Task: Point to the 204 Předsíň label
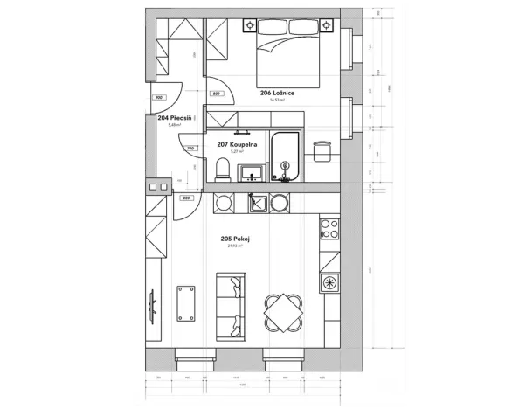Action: coord(176,117)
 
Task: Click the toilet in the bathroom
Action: coord(223,169)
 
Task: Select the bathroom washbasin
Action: coord(252,171)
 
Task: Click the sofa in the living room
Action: coord(231,305)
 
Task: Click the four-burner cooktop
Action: coord(329,229)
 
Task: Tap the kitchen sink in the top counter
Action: coord(258,204)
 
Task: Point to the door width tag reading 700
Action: coord(191,148)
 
